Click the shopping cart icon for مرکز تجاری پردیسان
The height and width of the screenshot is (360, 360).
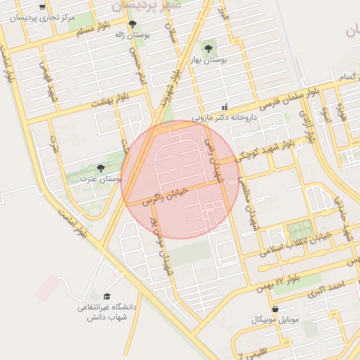(43, 7)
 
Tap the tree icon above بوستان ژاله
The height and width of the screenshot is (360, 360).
(132, 25)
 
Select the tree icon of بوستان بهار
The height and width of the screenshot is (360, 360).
(208, 48)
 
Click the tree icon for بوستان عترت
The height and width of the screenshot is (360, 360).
(101, 168)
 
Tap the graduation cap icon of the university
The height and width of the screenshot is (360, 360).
(107, 296)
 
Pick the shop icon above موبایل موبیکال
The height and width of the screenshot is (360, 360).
(274, 309)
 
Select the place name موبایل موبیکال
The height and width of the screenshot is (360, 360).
(274, 320)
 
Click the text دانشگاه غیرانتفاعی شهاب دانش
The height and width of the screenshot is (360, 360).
(107, 312)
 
